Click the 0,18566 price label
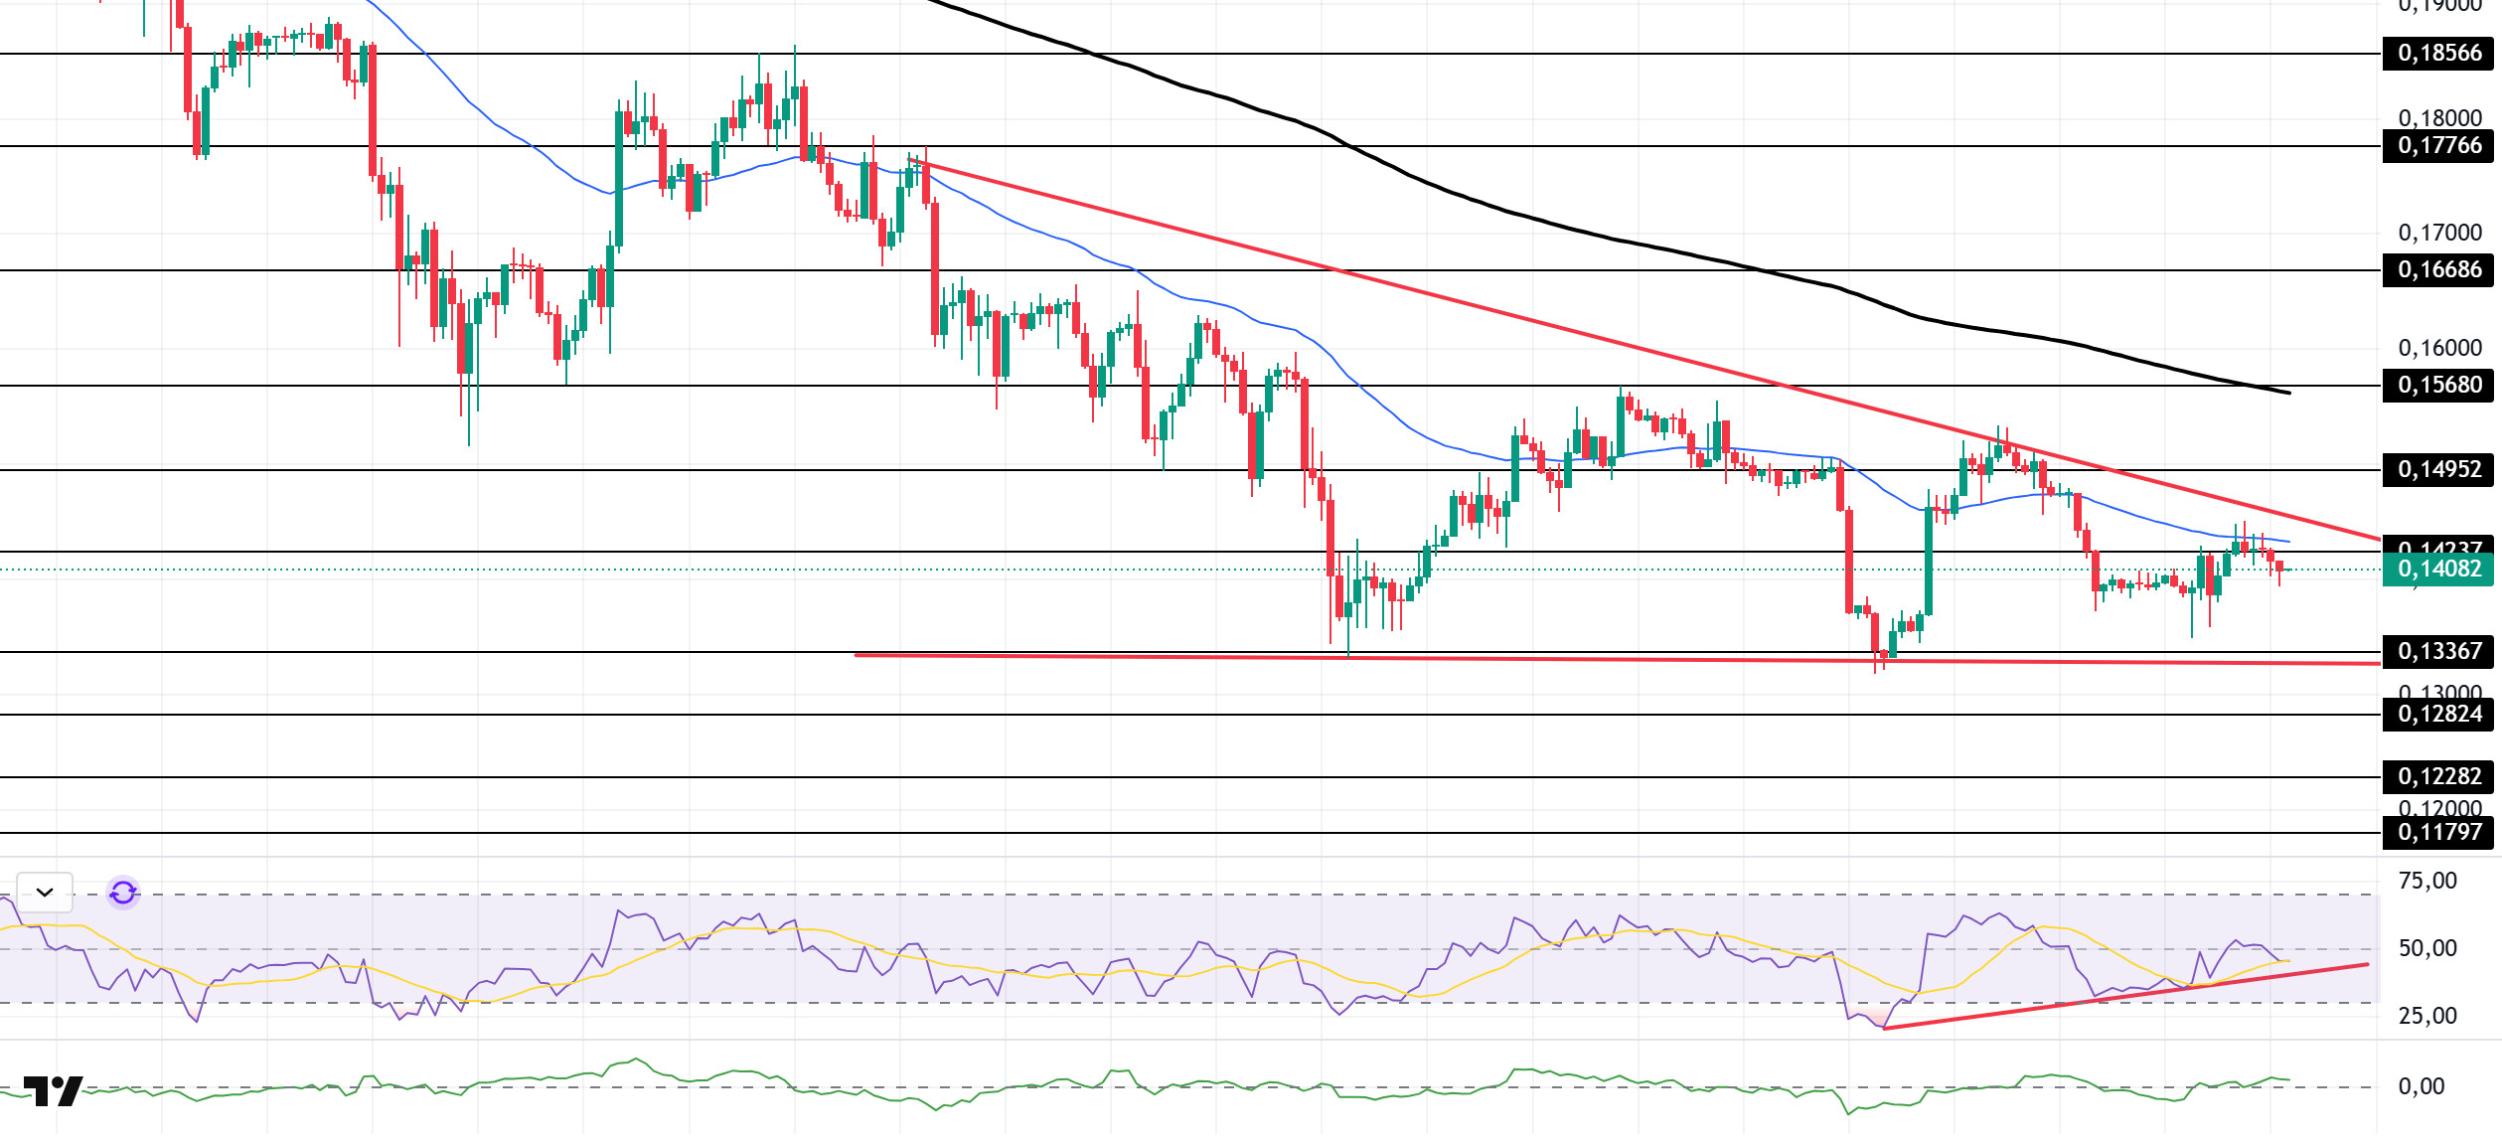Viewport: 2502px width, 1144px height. (2438, 54)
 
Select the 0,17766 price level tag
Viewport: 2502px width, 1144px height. (2438, 146)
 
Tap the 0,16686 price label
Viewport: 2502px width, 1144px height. (2438, 270)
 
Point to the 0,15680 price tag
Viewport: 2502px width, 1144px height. (2438, 386)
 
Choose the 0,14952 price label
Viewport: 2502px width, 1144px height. (2438, 470)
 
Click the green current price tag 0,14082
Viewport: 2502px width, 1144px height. (2438, 570)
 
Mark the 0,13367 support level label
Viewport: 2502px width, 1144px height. (2438, 652)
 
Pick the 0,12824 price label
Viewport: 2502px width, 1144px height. (2438, 715)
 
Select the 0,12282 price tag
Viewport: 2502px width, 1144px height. (2438, 777)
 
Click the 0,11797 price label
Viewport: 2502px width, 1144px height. (2438, 833)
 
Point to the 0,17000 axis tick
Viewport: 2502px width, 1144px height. (2439, 234)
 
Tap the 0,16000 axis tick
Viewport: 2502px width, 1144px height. (2439, 349)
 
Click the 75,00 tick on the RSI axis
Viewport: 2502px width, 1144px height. (2426, 882)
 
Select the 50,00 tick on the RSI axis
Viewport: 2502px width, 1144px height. (2426, 949)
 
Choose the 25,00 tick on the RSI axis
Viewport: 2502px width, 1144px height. (2426, 1017)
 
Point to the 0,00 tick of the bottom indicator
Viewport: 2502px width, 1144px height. (2421, 1087)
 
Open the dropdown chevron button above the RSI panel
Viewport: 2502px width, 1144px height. (45, 893)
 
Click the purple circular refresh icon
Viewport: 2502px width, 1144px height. (123, 893)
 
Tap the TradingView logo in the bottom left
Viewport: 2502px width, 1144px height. (53, 1091)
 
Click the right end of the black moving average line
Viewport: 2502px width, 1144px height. (2288, 393)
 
